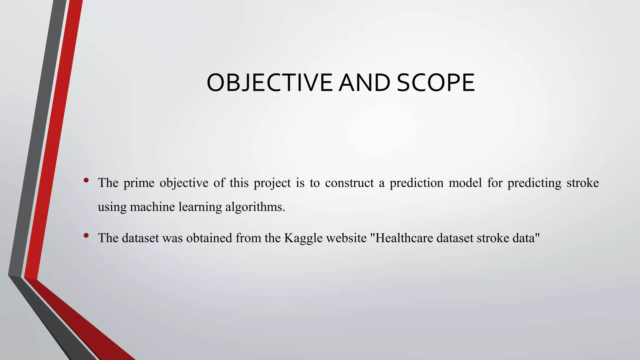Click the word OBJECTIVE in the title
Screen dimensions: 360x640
(x=269, y=83)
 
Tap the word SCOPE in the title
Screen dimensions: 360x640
(x=436, y=83)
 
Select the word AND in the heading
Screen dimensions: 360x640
(x=365, y=83)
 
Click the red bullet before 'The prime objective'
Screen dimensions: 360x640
(x=86, y=180)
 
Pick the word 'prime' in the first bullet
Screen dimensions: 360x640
(x=139, y=183)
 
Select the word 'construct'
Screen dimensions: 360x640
(x=349, y=183)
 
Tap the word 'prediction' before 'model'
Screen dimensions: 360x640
(x=416, y=183)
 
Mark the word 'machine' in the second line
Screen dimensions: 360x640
(x=152, y=207)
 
